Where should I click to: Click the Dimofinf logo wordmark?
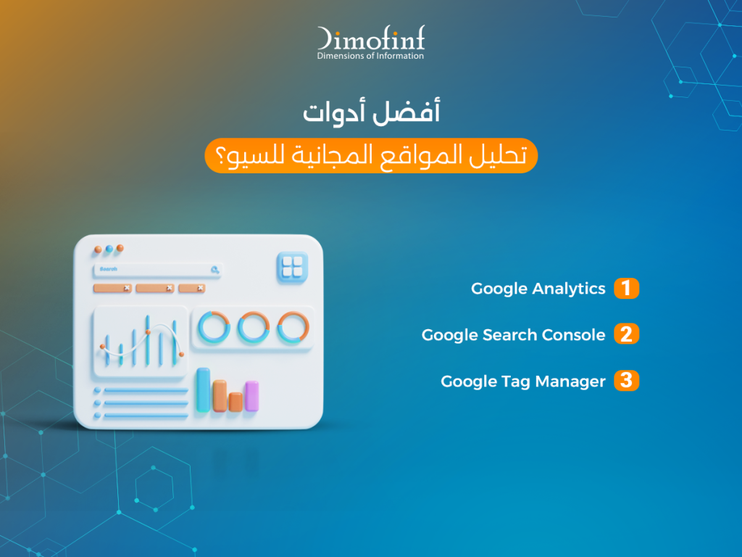coord(371,38)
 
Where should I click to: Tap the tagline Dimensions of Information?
coord(370,56)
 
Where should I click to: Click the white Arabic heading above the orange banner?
coord(372,112)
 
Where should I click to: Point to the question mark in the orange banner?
coord(220,155)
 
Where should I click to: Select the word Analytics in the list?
coord(569,289)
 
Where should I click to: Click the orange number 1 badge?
coord(627,289)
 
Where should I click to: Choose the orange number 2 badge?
coord(627,334)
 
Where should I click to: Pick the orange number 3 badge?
coord(627,380)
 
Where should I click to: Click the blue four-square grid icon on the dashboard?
coord(292,268)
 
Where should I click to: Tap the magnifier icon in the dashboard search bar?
coord(214,270)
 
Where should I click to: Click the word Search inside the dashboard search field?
coord(109,269)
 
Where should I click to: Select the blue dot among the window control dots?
coord(109,249)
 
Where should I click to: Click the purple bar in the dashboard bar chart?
coord(251,396)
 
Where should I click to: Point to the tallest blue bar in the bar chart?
coord(204,389)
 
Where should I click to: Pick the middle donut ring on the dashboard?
coord(254,327)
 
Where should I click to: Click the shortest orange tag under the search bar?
coord(191,288)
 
